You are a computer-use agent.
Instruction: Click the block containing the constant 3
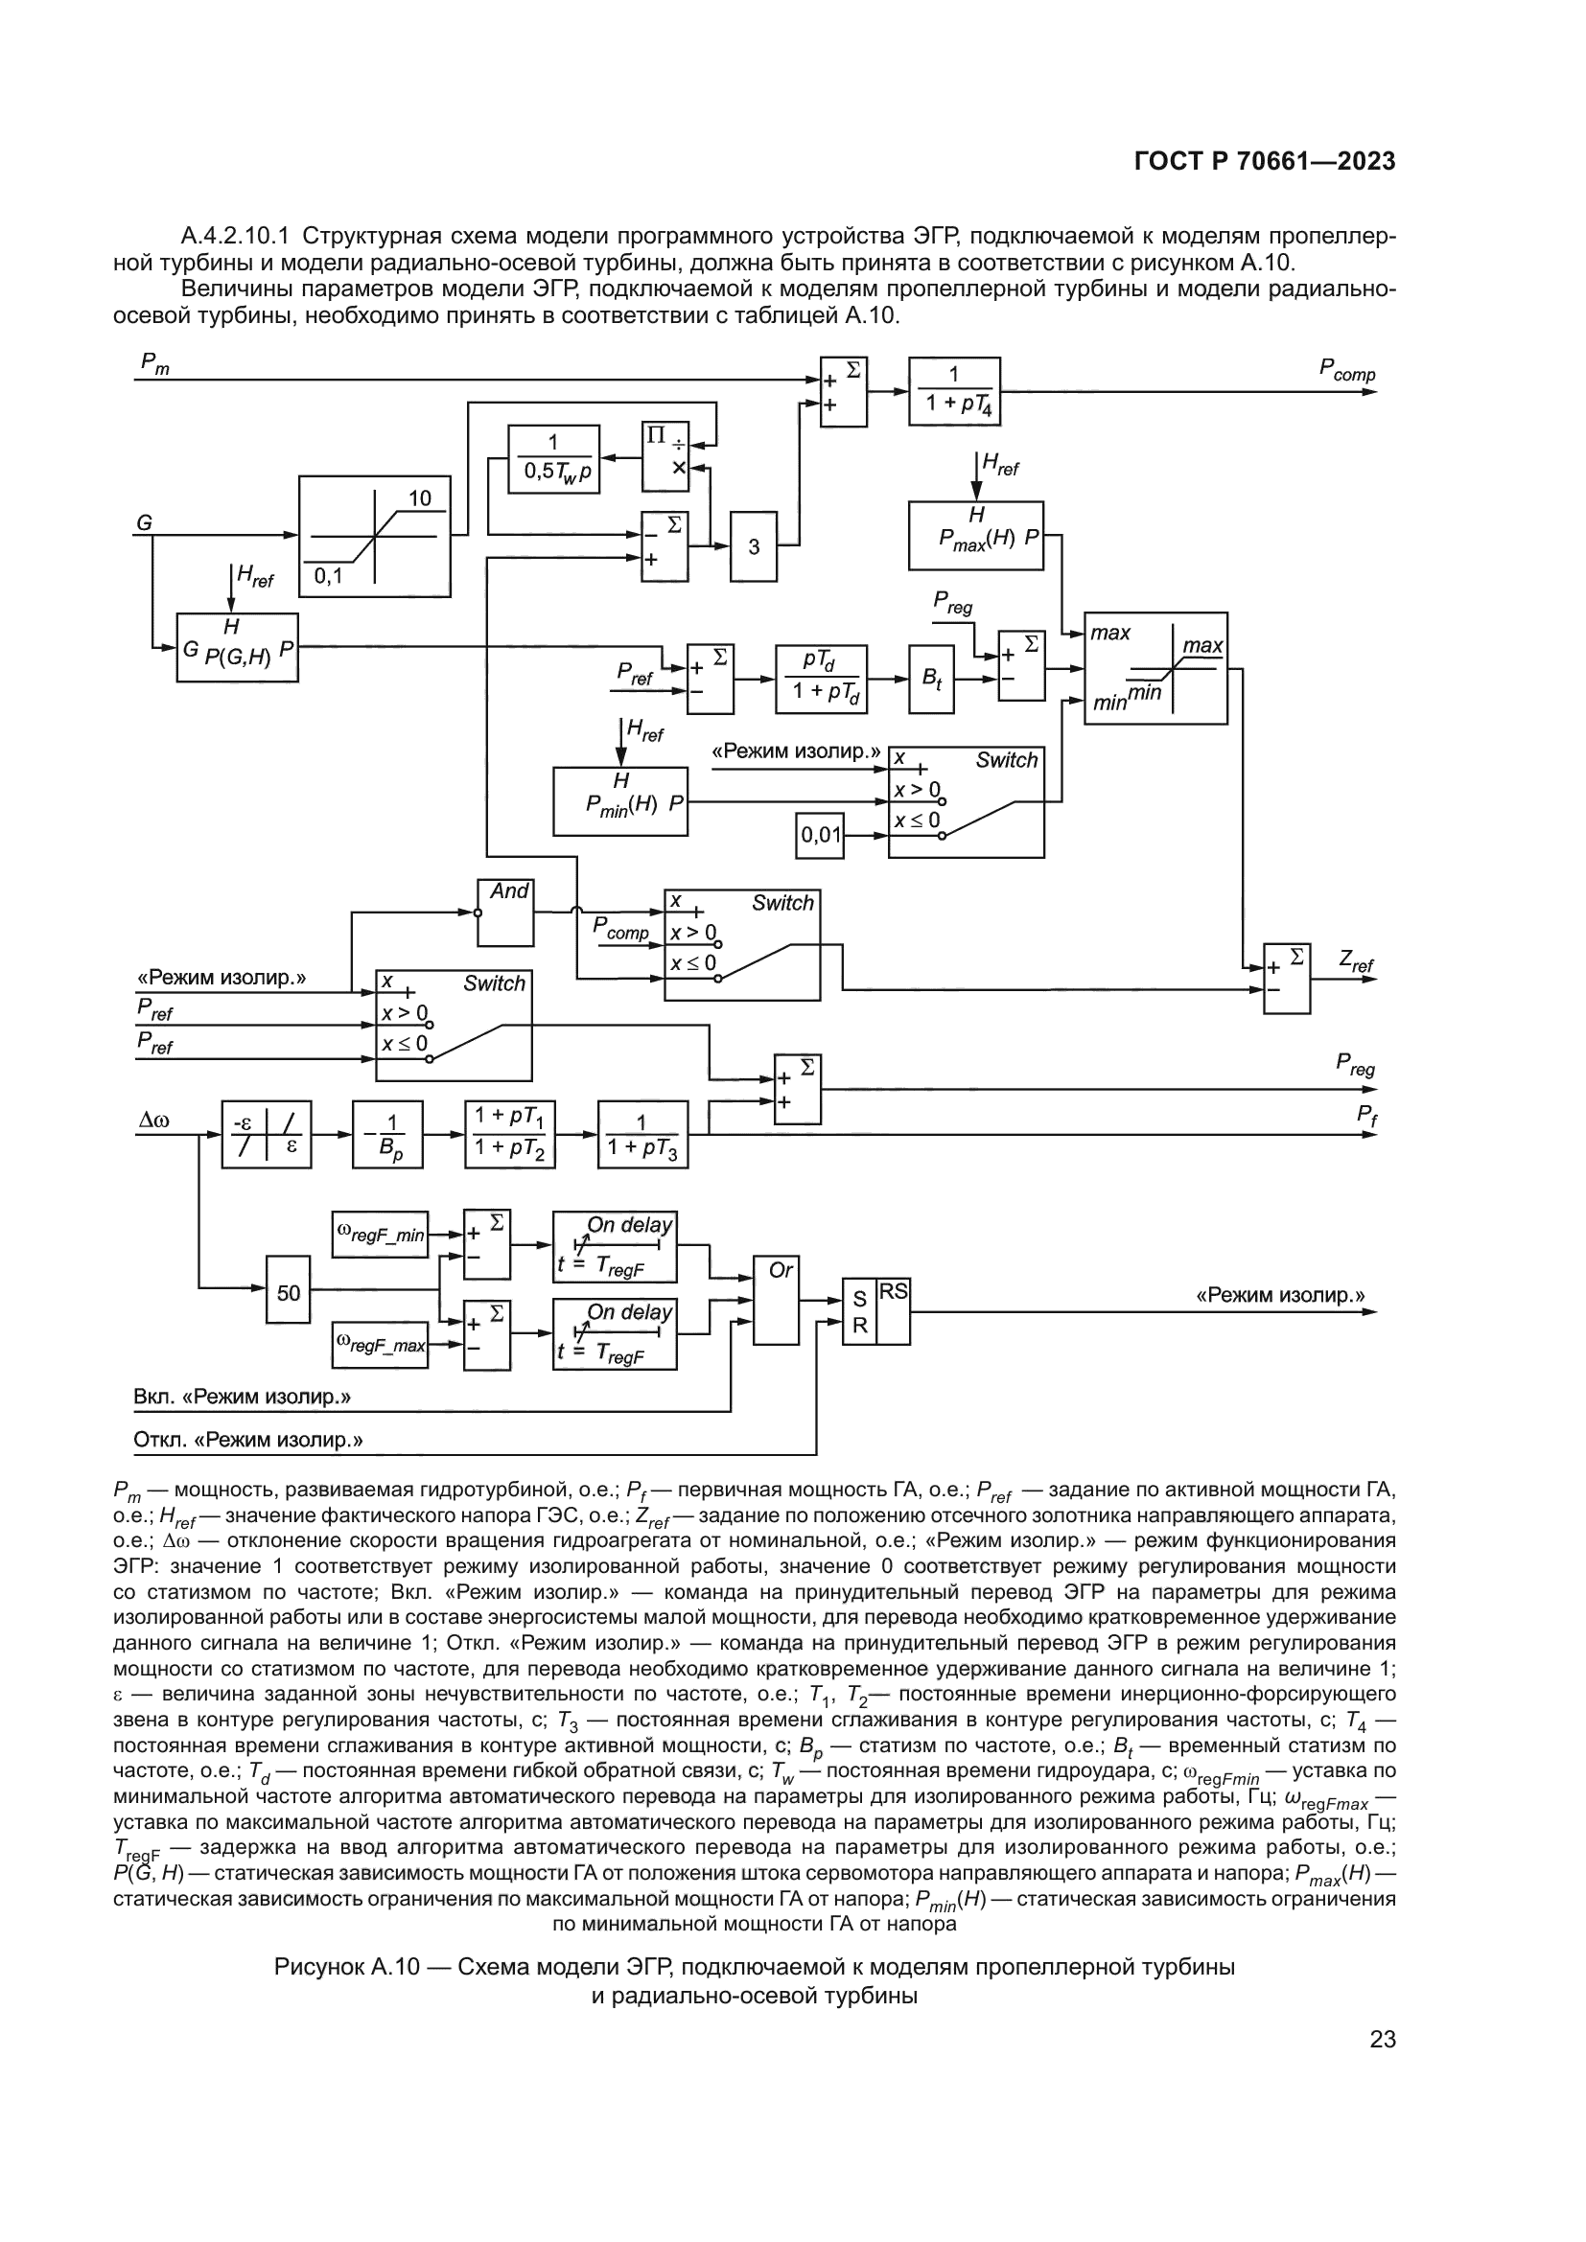point(754,546)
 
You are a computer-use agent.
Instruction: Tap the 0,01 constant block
point(821,835)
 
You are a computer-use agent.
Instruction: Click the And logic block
point(506,912)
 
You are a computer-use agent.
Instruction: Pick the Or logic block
point(777,1300)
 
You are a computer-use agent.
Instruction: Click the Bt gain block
point(932,679)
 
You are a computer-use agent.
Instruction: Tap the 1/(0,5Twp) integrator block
point(553,459)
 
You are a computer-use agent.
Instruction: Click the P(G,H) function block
point(237,647)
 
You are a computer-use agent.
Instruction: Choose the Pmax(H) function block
point(975,535)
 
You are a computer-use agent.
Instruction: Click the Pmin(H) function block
point(620,800)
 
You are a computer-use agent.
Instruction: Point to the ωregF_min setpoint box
point(380,1235)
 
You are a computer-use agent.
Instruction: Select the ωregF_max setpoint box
point(380,1345)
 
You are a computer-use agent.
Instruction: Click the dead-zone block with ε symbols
point(267,1135)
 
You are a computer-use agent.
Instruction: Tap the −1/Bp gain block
point(387,1135)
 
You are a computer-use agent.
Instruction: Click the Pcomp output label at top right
point(1346,369)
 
